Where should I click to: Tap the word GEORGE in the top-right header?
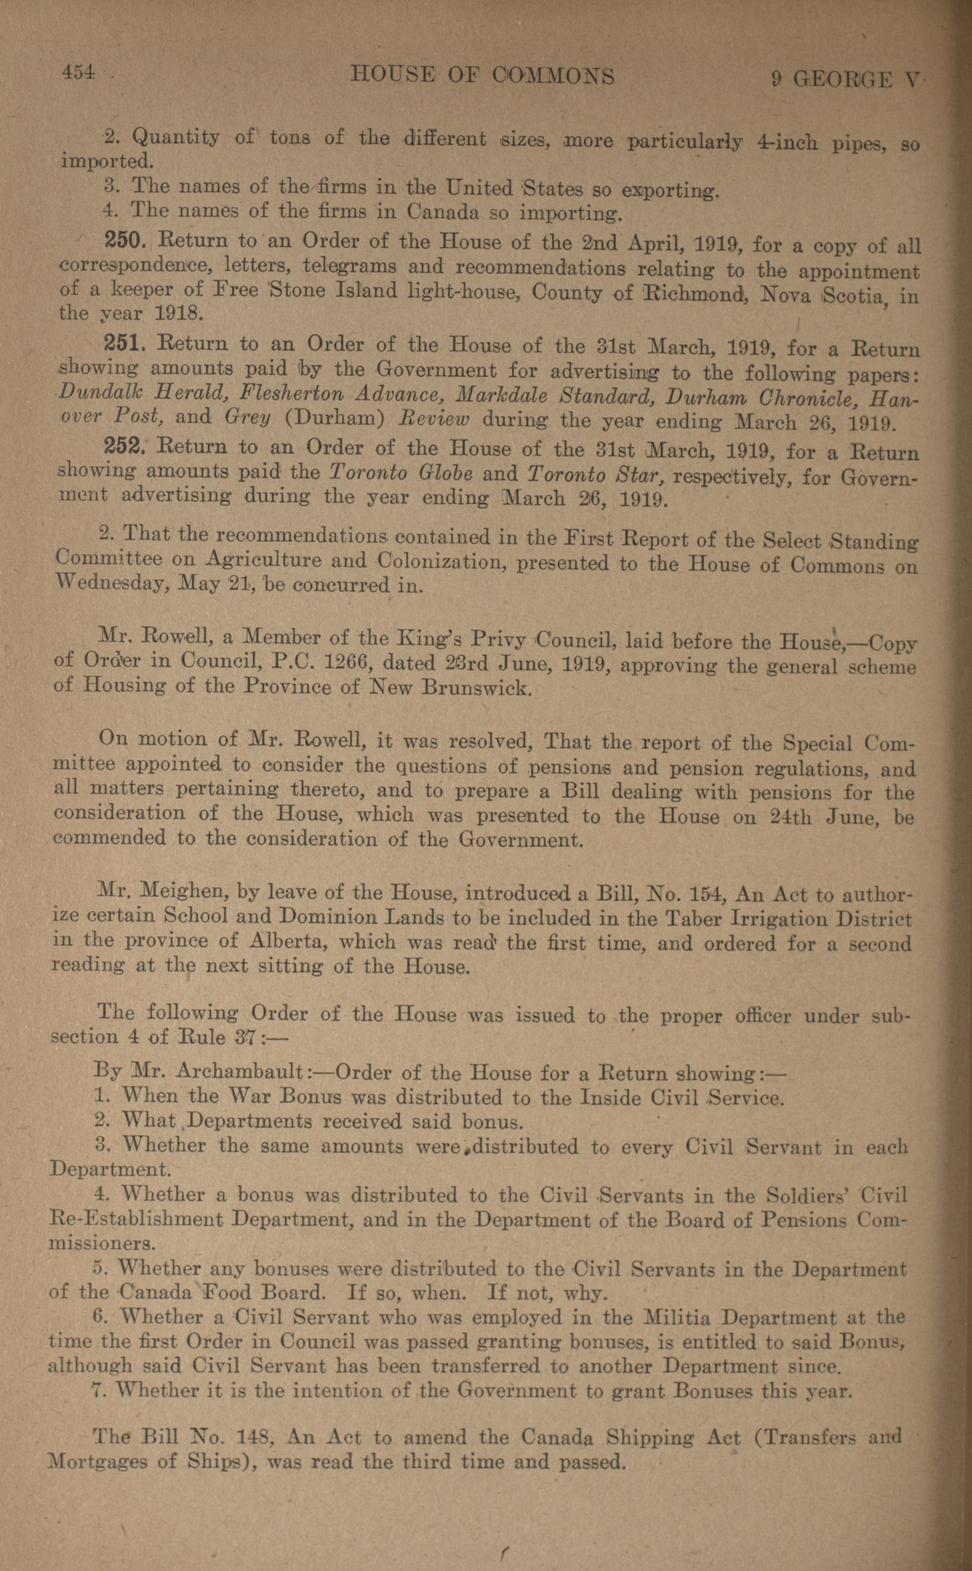click(x=843, y=79)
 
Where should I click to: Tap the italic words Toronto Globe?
click(x=401, y=473)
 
